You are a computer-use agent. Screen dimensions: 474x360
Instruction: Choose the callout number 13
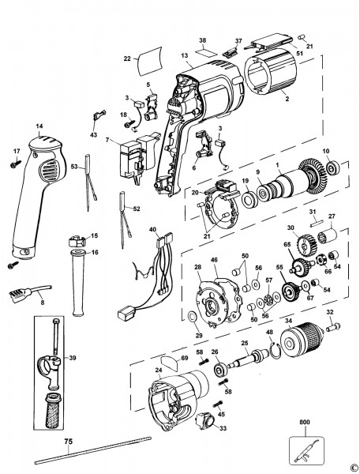[x=184, y=55]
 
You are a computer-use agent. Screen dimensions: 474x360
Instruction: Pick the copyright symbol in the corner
[x=352, y=467]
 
